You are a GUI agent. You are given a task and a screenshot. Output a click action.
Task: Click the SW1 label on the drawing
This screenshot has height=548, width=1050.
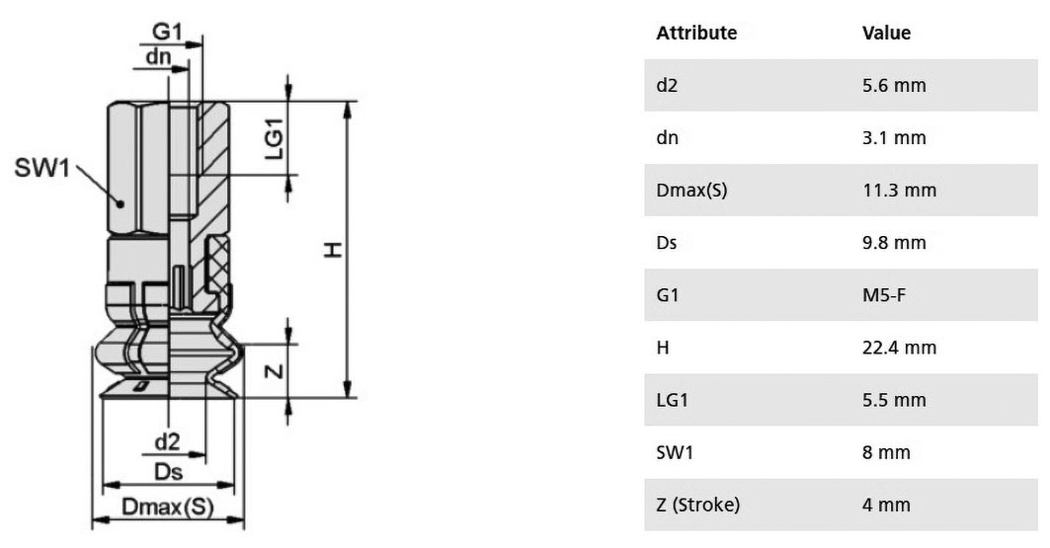pos(41,167)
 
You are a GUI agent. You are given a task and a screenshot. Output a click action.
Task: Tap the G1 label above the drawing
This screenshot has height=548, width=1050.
pos(167,32)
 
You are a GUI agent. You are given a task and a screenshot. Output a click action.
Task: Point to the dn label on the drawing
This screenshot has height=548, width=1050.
pos(159,56)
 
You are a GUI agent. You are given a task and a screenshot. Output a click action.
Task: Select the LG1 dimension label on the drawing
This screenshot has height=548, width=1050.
pos(275,138)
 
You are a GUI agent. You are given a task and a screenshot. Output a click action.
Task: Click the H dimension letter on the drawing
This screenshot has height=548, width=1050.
pos(333,250)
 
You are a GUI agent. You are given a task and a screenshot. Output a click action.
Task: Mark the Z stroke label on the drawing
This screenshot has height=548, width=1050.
pos(276,370)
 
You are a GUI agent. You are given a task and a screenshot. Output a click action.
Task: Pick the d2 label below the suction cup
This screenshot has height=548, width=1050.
pos(167,441)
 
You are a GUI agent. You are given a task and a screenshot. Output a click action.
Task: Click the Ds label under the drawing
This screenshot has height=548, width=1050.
pos(168,472)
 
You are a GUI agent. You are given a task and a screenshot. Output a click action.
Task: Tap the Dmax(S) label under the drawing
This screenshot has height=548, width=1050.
pos(167,507)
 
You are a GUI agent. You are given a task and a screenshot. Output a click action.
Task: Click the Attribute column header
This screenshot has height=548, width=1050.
pos(696,33)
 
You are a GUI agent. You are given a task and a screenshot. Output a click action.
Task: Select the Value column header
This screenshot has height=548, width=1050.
pos(887,33)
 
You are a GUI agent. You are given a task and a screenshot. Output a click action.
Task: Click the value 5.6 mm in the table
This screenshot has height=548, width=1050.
pos(894,86)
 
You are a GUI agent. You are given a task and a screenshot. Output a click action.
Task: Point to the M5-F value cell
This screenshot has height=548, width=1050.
pos(884,295)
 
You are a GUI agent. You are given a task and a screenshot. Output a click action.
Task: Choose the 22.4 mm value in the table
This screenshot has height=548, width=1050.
pos(899,348)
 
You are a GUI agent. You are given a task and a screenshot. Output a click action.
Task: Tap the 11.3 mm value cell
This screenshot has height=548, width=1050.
pos(899,190)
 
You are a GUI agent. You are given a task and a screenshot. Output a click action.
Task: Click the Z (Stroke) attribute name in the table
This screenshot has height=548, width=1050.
pos(697,505)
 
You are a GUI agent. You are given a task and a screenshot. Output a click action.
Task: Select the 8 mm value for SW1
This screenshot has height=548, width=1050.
pos(887,452)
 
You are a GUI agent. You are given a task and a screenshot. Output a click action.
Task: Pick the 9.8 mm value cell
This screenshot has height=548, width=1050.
pos(894,242)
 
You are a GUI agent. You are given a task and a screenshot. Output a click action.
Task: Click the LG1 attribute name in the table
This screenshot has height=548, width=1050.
pos(673,400)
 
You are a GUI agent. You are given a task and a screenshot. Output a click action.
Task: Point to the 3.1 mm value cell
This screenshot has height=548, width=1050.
pos(894,138)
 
